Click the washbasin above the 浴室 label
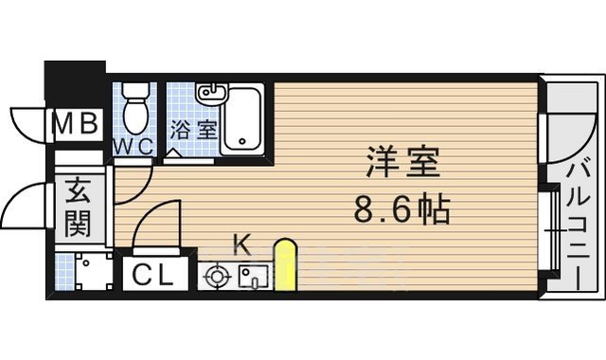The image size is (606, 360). (x=210, y=94)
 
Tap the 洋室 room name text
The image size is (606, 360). (x=402, y=164)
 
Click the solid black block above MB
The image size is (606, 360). (x=74, y=81)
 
